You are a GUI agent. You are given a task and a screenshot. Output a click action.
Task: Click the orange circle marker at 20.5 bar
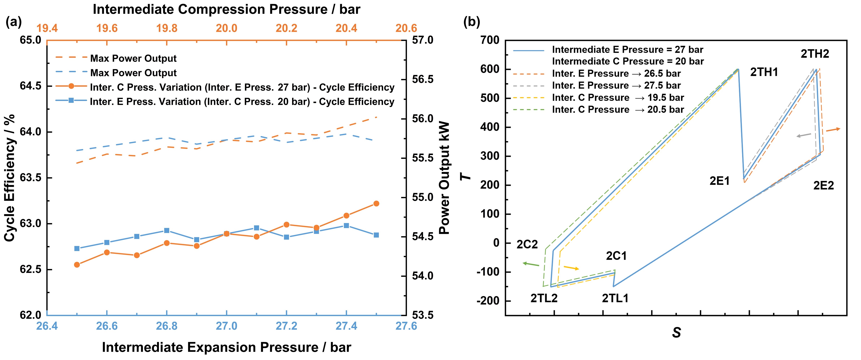(376, 203)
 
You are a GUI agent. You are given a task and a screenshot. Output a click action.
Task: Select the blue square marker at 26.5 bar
(77, 248)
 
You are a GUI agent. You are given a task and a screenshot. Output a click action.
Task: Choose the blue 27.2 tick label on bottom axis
(286, 326)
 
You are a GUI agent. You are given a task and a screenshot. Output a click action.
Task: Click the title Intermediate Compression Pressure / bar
(226, 9)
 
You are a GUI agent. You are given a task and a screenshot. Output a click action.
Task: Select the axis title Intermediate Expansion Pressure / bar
(226, 347)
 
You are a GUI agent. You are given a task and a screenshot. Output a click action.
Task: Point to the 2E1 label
(720, 181)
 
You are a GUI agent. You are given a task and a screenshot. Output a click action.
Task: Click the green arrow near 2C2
(531, 264)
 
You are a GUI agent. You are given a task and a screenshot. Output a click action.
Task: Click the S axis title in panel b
(676, 333)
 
